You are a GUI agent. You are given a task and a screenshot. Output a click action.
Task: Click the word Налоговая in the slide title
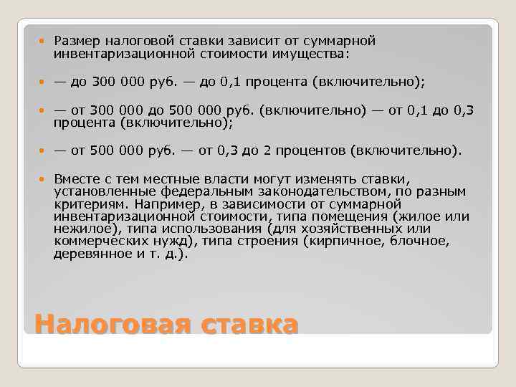[112, 324]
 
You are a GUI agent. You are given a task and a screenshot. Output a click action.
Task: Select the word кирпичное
[337, 242]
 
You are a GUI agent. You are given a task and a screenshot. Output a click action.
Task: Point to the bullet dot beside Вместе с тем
[44, 178]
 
